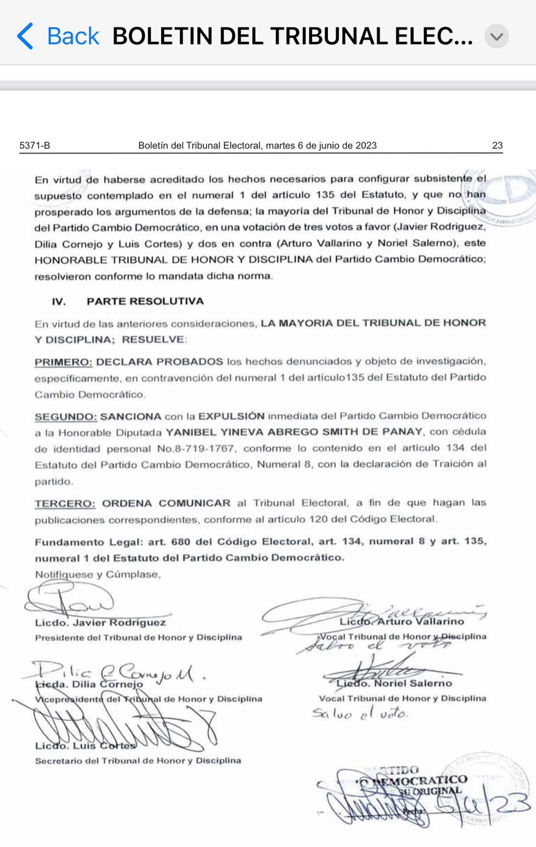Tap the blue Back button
click(x=58, y=36)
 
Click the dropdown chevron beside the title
click(x=497, y=36)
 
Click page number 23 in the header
click(x=497, y=146)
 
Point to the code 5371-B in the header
click(x=35, y=146)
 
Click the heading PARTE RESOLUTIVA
click(x=145, y=301)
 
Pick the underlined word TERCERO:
click(x=65, y=503)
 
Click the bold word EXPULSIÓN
click(x=231, y=416)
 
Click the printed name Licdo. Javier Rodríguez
click(x=101, y=623)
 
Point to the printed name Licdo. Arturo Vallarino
click(x=401, y=621)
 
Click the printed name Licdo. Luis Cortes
click(x=85, y=746)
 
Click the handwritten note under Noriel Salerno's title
click(x=360, y=713)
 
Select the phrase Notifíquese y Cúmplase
click(x=97, y=574)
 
